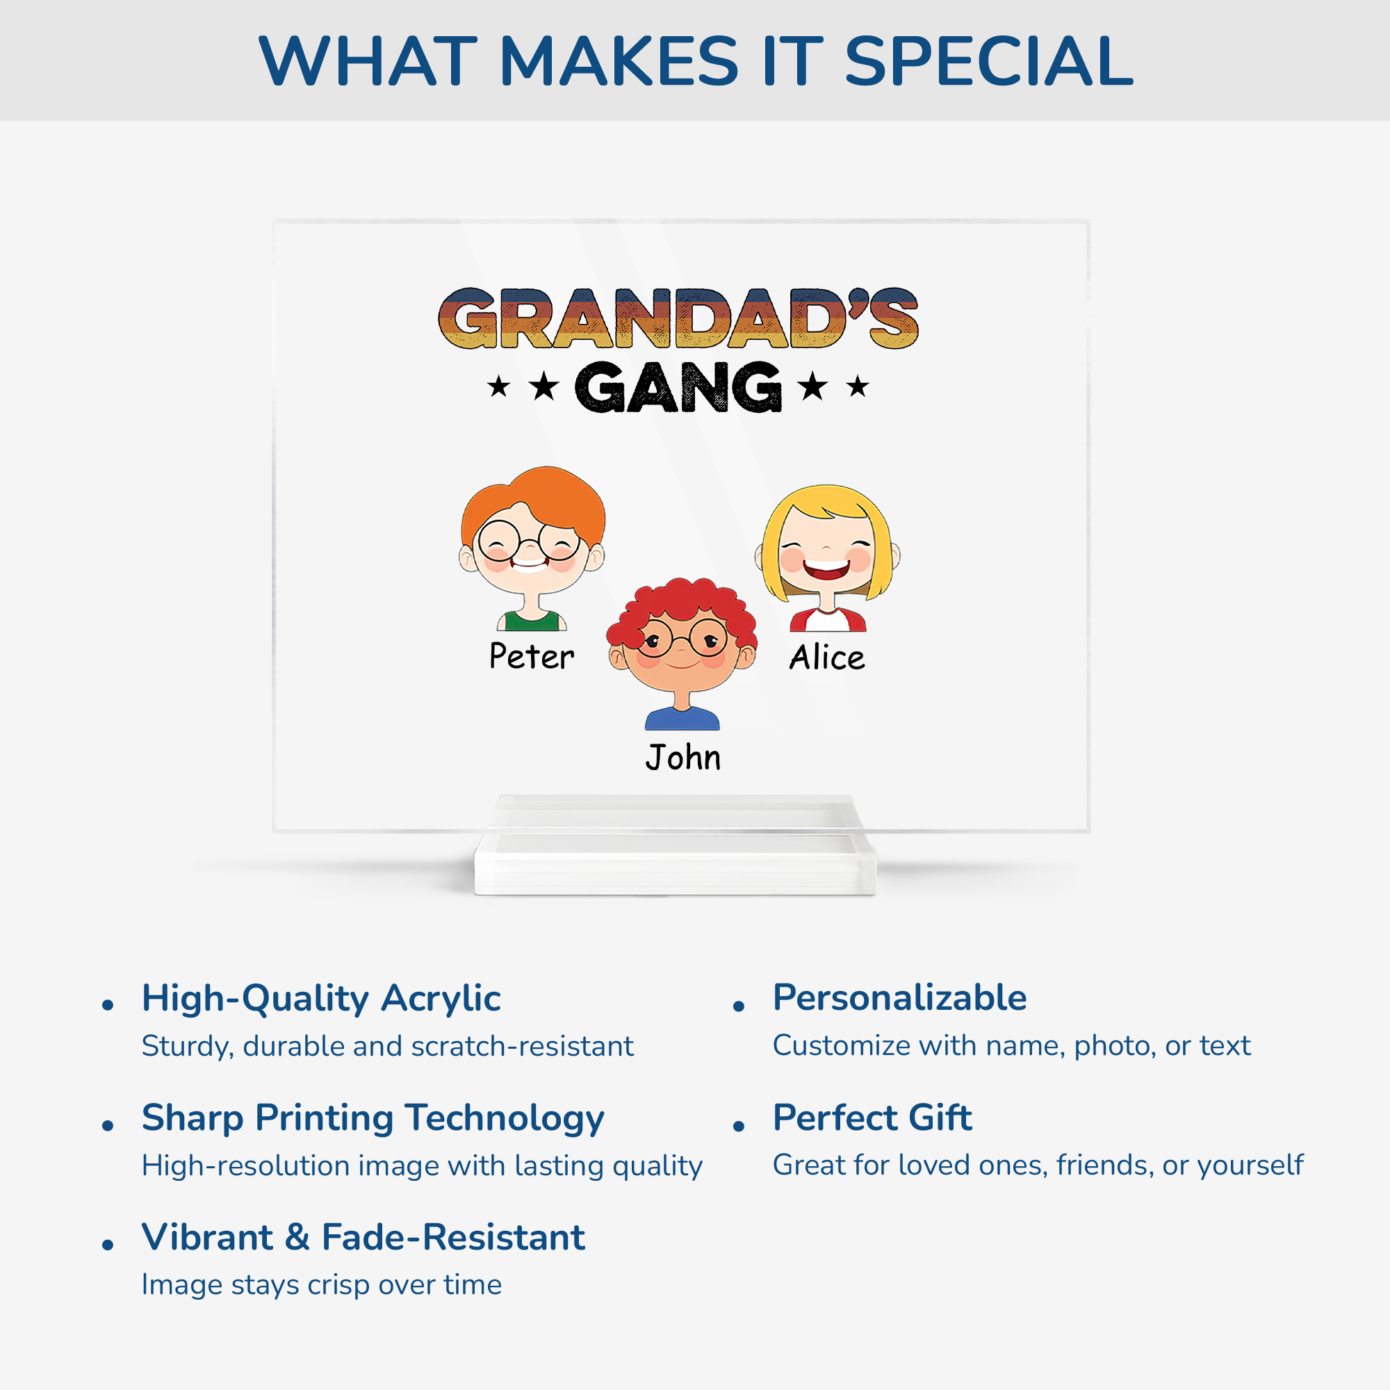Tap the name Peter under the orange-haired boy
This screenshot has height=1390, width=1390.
pyautogui.click(x=532, y=655)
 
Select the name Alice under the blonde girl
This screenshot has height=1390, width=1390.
pyautogui.click(x=827, y=657)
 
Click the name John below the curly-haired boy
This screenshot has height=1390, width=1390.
pyautogui.click(x=682, y=757)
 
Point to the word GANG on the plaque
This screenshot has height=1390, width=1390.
pyautogui.click(x=678, y=387)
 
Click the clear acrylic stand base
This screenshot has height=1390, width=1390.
pyautogui.click(x=675, y=863)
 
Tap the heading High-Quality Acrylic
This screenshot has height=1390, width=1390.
pyautogui.click(x=321, y=999)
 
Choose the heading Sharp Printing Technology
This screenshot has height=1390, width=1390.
pyautogui.click(x=373, y=1119)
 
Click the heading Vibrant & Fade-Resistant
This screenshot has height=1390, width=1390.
pyautogui.click(x=363, y=1238)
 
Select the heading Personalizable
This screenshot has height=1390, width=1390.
pyautogui.click(x=899, y=998)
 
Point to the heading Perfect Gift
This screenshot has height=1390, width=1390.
pyautogui.click(x=872, y=1118)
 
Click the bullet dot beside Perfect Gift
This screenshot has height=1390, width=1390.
pyautogui.click(x=738, y=1127)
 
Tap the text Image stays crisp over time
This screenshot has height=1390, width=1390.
pyautogui.click(x=321, y=1285)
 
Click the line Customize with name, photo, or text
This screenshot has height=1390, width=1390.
pyautogui.click(x=1011, y=1046)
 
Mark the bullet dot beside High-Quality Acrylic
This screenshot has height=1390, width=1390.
pyautogui.click(x=108, y=1005)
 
